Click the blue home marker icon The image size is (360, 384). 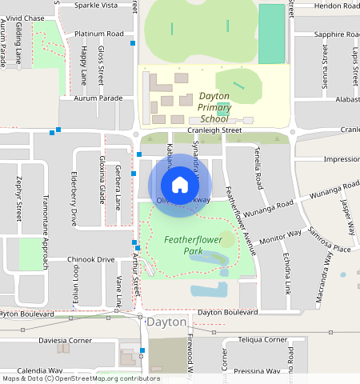[180, 185]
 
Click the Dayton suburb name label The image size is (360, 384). [166, 322]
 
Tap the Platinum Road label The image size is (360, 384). [98, 34]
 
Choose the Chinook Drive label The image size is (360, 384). [91, 259]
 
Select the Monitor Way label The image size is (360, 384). [280, 236]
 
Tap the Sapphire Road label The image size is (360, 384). [336, 34]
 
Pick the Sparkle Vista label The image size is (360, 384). [95, 5]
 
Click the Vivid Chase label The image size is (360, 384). [25, 18]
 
